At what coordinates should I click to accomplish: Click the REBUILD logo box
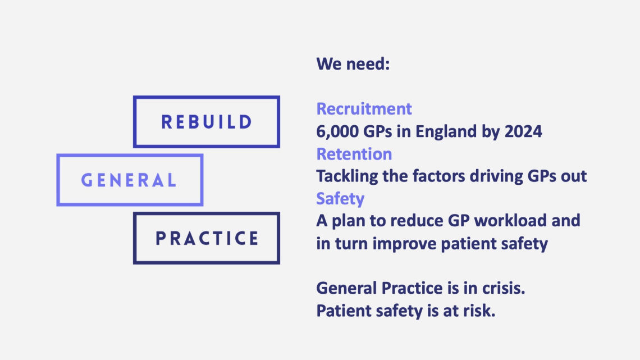pyautogui.click(x=207, y=98)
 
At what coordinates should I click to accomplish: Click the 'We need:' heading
pyautogui.click(x=353, y=63)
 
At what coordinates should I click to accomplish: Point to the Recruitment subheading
pyautogui.click(x=364, y=109)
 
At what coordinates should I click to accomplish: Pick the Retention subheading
pyautogui.click(x=354, y=154)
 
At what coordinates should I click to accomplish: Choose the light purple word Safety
pyautogui.click(x=340, y=199)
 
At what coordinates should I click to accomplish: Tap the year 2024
pyautogui.click(x=523, y=131)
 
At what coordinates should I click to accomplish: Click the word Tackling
pyautogui.click(x=348, y=177)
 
